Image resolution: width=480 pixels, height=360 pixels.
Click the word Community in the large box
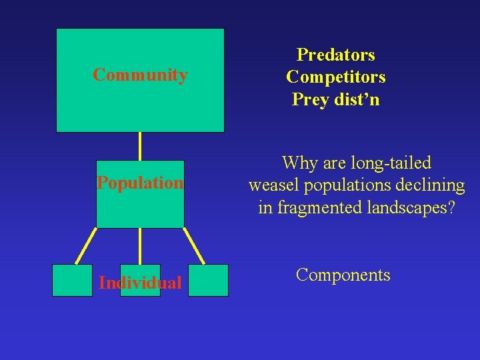tap(140, 75)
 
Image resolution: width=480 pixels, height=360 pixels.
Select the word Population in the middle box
tap(140, 183)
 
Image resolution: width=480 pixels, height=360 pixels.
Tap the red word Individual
tap(140, 283)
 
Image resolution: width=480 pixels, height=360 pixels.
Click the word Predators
tap(335, 55)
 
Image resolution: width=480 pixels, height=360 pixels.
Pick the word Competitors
tap(335, 77)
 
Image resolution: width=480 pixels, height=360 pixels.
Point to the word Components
tap(343, 275)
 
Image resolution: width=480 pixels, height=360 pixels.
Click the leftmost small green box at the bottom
tap(72, 280)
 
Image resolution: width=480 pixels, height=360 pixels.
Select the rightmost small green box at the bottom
tap(208, 280)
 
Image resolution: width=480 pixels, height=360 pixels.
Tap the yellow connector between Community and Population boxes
tap(140, 146)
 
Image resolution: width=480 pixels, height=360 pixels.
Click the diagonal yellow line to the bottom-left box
tap(85, 246)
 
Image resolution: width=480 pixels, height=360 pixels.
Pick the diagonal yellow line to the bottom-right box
tap(194, 246)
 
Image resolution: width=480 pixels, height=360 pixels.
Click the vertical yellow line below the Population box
tap(140, 246)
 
